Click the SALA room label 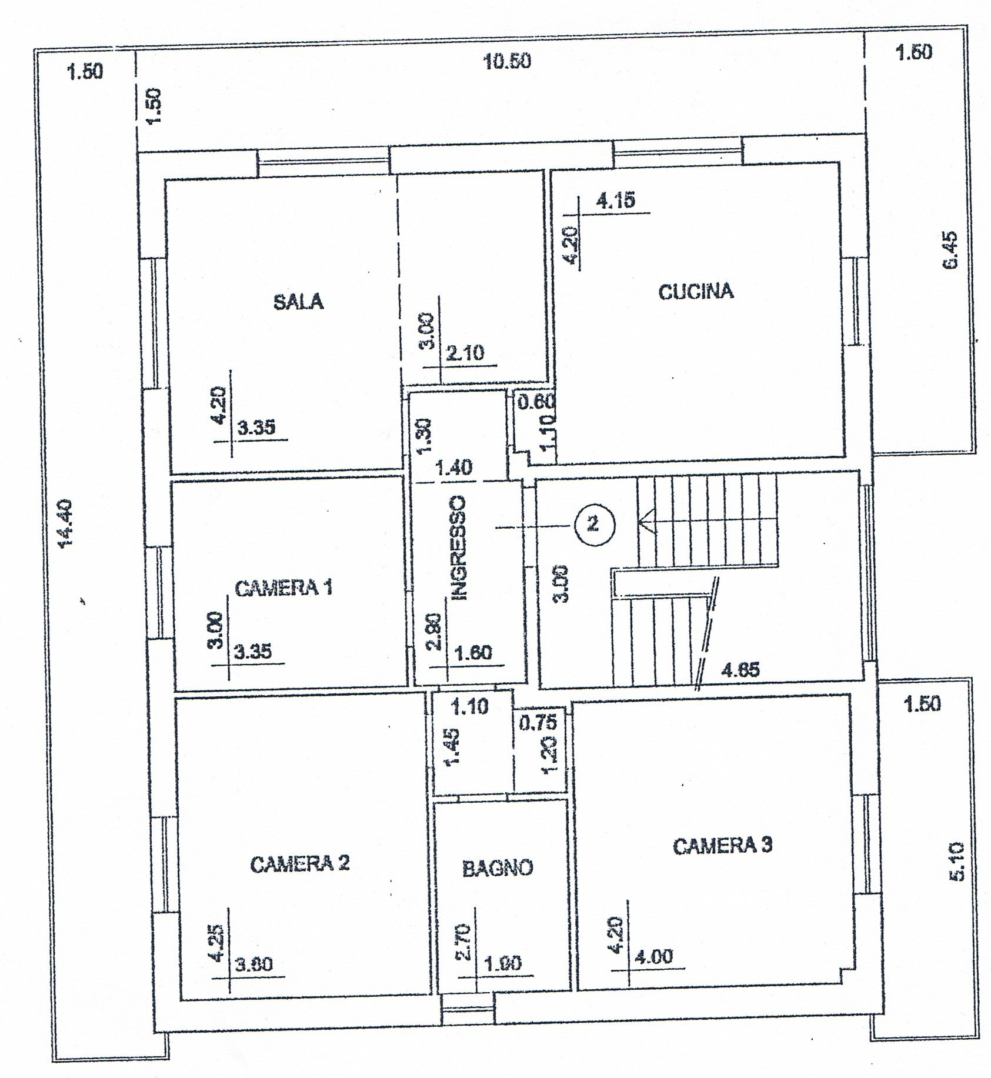tap(299, 302)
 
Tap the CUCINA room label tap(696, 292)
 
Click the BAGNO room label tap(498, 867)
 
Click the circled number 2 tap(593, 523)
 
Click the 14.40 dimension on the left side tap(66, 524)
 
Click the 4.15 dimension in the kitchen tap(616, 201)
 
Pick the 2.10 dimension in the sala tap(465, 353)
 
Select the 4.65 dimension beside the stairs tap(740, 669)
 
